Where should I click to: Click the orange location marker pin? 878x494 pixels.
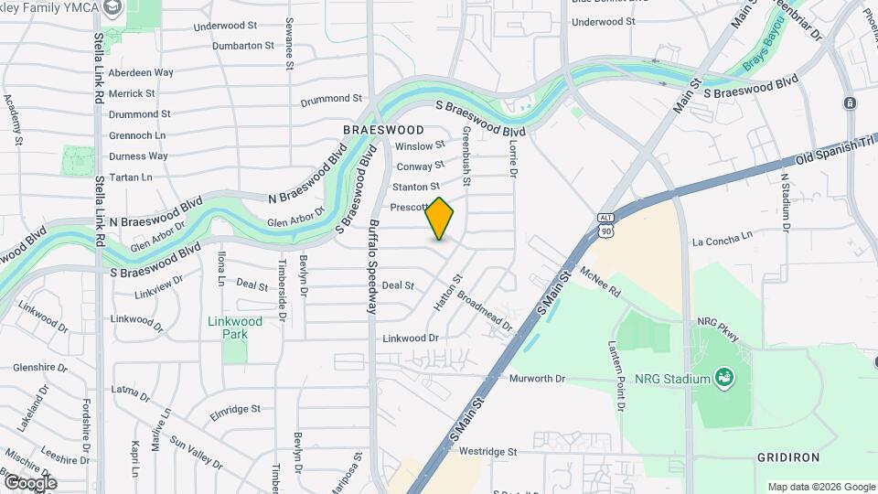click(440, 219)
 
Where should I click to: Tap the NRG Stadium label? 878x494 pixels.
click(675, 379)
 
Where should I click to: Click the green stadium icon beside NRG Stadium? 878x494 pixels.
click(724, 376)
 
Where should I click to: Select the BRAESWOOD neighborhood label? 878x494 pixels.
click(383, 130)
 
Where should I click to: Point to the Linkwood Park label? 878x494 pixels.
click(235, 328)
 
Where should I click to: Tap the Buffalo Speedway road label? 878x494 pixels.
click(373, 266)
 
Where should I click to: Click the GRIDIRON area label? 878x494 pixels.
click(788, 456)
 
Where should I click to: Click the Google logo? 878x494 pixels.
click(29, 482)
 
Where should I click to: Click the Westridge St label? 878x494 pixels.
click(488, 451)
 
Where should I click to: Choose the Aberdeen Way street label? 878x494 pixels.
click(141, 72)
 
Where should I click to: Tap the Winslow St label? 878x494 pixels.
click(420, 145)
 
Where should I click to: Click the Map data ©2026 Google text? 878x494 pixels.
click(820, 487)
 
